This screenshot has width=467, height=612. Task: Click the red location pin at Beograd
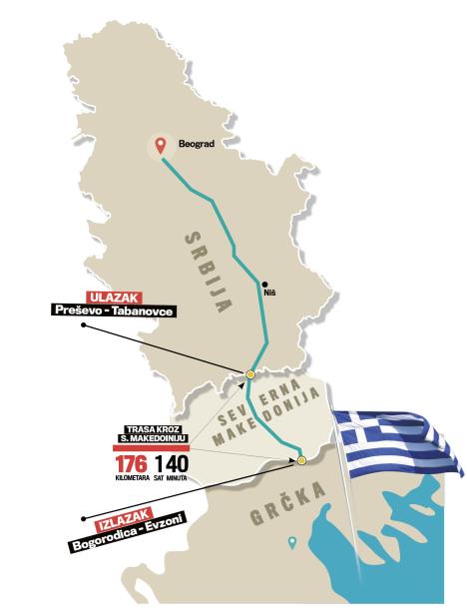(159, 145)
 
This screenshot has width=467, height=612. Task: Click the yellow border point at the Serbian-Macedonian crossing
(251, 374)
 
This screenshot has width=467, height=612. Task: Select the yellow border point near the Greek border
(300, 460)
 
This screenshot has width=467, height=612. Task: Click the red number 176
(132, 465)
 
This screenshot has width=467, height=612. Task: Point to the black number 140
(170, 465)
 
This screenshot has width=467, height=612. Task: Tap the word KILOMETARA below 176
(132, 480)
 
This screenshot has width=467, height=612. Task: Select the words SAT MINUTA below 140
(171, 480)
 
